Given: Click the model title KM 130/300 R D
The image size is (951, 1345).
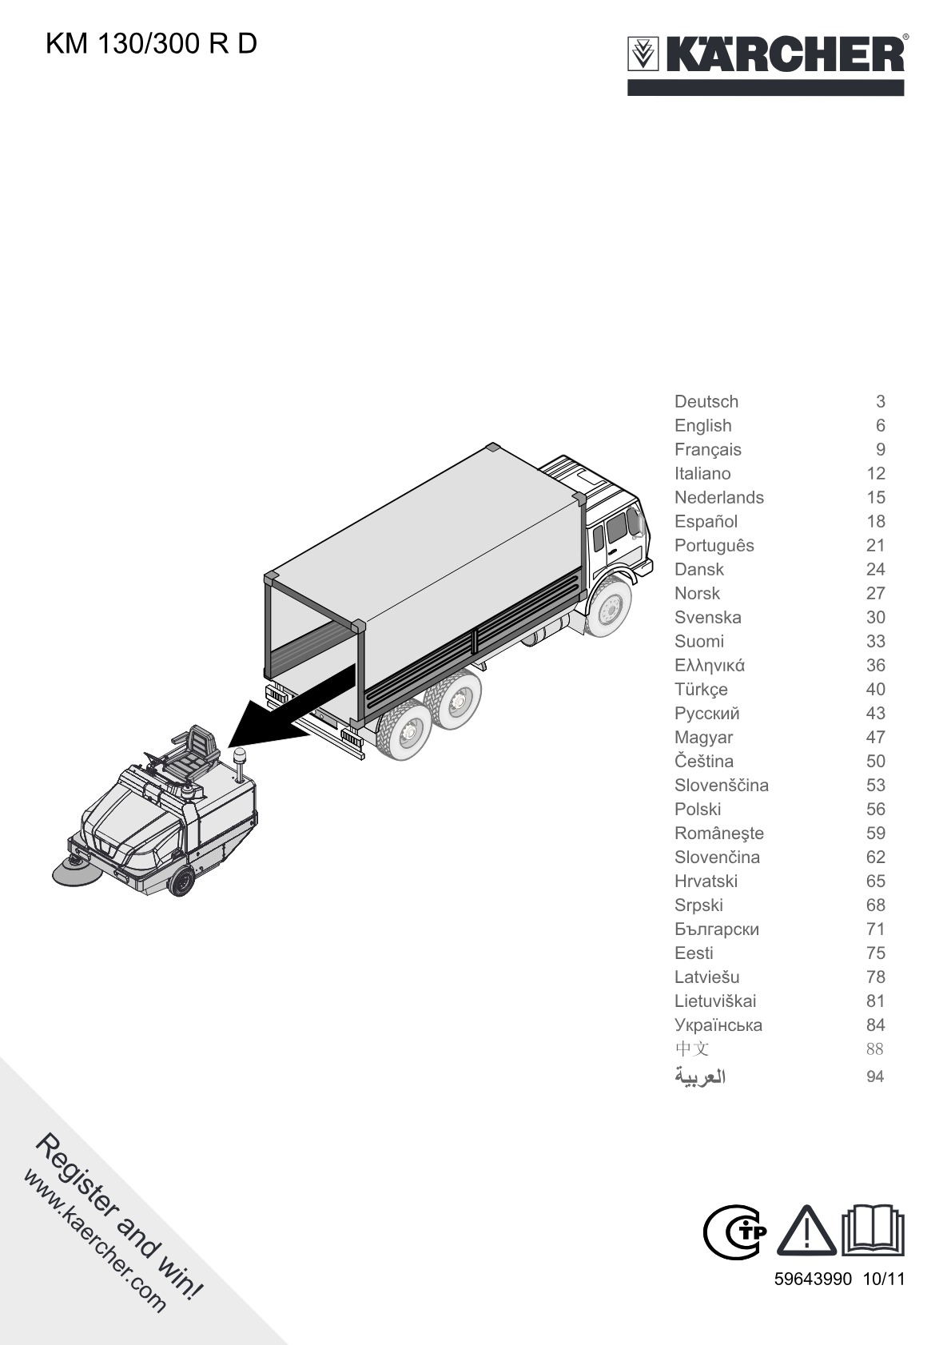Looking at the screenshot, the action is (151, 44).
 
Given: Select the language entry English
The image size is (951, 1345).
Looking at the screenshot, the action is (703, 426).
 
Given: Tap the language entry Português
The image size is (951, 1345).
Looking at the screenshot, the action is (714, 545).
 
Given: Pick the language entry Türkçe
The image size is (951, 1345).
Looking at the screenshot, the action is (701, 690).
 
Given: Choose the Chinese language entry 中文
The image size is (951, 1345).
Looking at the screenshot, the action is (691, 1049).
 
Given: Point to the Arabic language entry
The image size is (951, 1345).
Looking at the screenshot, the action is (700, 1076).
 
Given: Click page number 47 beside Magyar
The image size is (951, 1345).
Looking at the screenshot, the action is (875, 737).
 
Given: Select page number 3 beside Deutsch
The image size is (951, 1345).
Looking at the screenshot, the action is (880, 401).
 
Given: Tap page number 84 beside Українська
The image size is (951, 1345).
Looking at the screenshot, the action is (875, 1025).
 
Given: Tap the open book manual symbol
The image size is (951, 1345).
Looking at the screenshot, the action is (873, 1229).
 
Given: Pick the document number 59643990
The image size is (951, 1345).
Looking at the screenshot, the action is (813, 1279).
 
